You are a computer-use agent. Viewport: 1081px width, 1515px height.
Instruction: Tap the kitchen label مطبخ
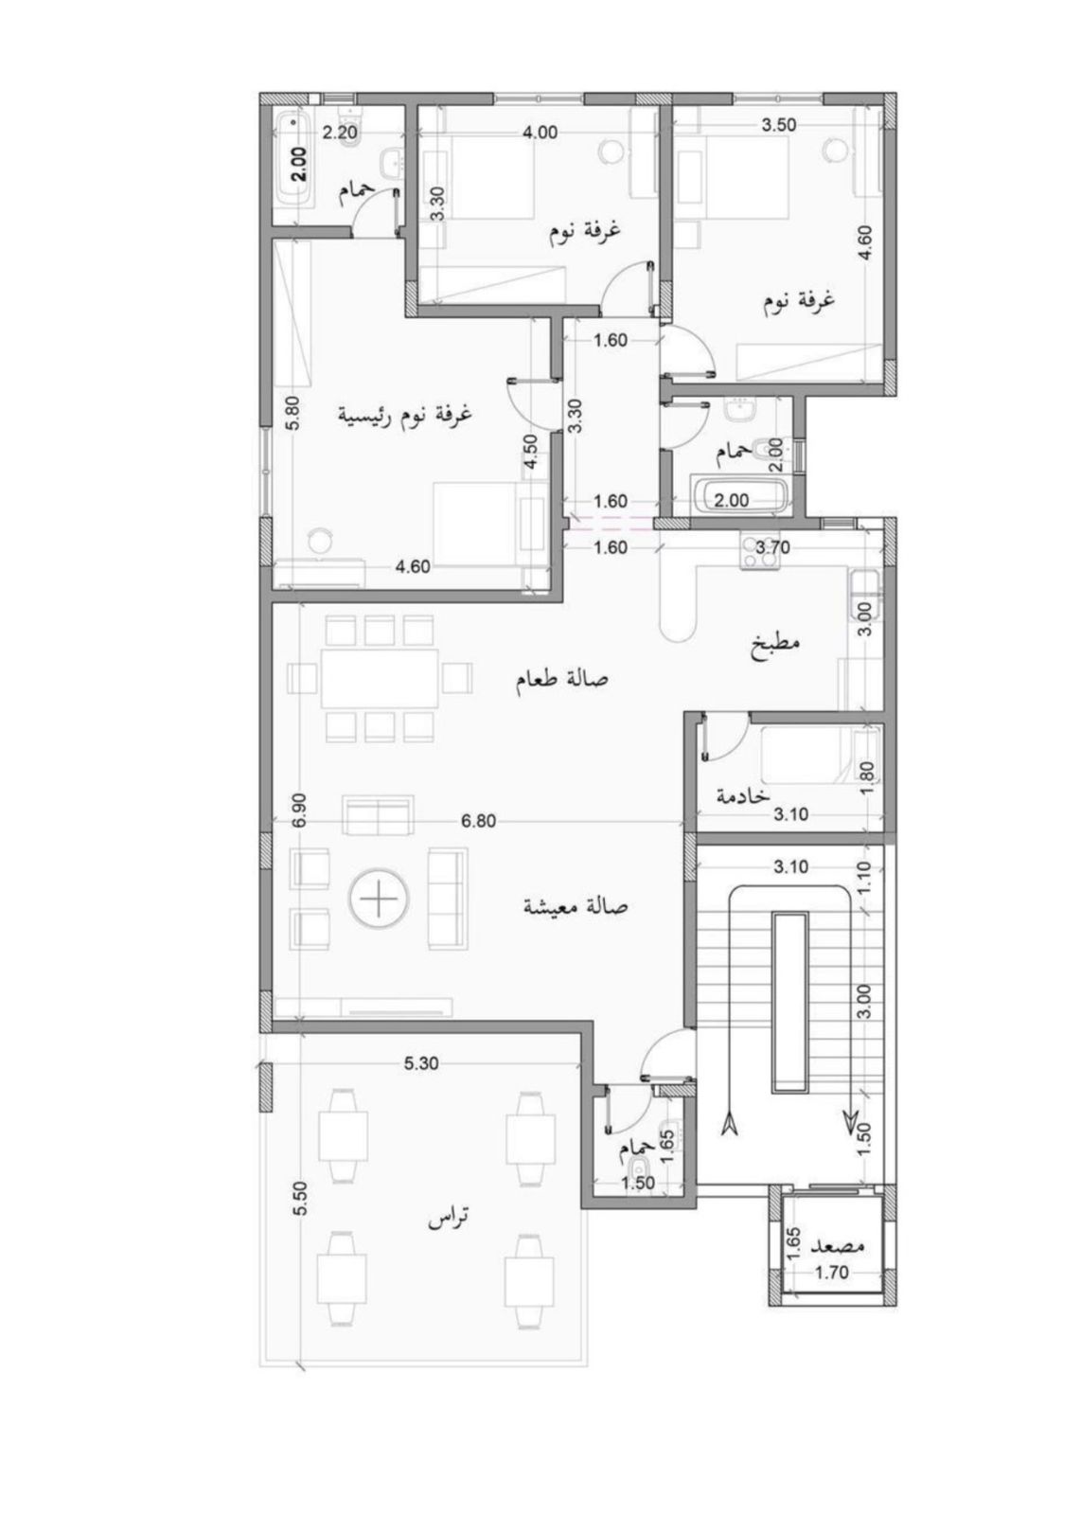pos(775,640)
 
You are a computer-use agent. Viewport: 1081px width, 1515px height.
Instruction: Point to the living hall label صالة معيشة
pos(576,905)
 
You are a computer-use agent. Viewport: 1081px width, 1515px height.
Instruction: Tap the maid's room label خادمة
pos(743,795)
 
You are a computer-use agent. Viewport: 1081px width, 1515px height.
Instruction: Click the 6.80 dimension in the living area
pos(478,821)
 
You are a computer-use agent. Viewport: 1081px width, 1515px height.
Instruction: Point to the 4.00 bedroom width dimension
pos(540,133)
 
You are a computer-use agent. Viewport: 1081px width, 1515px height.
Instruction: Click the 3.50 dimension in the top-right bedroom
pos(779,124)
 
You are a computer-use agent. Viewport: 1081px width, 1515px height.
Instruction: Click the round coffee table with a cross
pos(380,900)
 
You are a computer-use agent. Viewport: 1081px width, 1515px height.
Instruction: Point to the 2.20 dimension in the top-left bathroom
pos(339,133)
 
